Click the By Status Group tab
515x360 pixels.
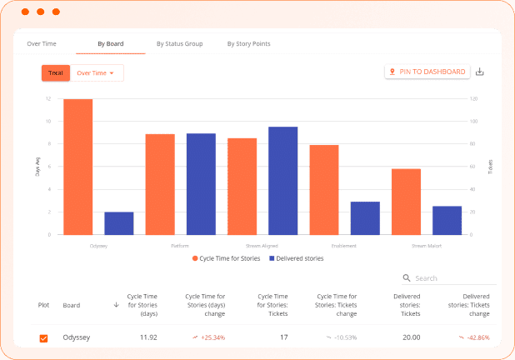click(x=179, y=43)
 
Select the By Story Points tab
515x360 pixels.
click(x=248, y=43)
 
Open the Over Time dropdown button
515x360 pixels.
click(x=95, y=73)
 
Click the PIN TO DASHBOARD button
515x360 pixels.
click(x=427, y=72)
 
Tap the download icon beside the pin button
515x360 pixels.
click(x=479, y=72)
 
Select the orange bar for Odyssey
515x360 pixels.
click(x=77, y=167)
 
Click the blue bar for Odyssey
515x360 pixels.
click(x=119, y=223)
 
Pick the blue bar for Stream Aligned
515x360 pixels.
click(x=282, y=181)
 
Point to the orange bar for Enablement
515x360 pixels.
click(x=324, y=189)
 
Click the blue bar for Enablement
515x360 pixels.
click(x=365, y=217)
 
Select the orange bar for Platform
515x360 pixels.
click(x=160, y=184)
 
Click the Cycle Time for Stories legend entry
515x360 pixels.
click(x=226, y=258)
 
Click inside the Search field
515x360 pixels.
click(x=450, y=278)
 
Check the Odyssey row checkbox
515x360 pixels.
click(x=44, y=337)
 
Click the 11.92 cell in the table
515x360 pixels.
click(x=147, y=337)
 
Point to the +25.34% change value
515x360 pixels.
click(x=208, y=337)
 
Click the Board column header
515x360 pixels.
click(x=72, y=305)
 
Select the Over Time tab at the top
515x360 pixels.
click(x=42, y=43)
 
